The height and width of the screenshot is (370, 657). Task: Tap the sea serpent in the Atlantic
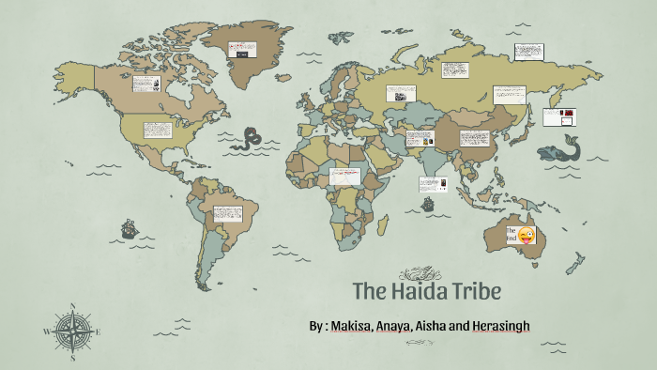click(x=251, y=139)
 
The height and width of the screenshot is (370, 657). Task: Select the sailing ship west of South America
click(x=130, y=227)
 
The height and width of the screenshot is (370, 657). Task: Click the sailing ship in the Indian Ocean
click(x=428, y=203)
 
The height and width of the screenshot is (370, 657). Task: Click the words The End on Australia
click(x=512, y=235)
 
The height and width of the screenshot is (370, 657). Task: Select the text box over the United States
click(x=159, y=131)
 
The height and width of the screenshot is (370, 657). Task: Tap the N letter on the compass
click(x=72, y=306)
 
